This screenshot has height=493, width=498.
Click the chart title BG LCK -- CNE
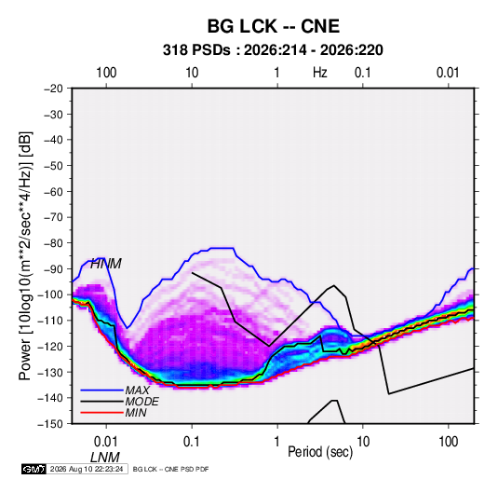pos(274,26)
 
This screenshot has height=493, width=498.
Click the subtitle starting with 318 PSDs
pos(273,50)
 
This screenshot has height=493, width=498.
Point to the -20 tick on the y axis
pos(53,89)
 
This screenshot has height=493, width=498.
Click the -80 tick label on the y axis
pos(53,243)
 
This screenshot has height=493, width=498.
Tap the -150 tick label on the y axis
pos(51,424)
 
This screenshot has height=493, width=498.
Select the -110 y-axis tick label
pos(51,321)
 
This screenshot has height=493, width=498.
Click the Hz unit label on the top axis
pos(320,73)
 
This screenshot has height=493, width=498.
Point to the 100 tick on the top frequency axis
pos(106,73)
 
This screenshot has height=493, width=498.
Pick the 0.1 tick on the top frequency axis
pos(363,73)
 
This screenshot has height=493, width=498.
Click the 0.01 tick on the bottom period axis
pos(106,442)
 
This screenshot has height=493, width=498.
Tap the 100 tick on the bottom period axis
pos(448,442)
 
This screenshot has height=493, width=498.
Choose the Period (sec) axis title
pos(320,452)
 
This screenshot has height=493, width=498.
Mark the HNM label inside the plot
pos(106,264)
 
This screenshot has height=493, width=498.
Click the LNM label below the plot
pos(105,458)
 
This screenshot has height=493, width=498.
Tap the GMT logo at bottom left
pos(34,469)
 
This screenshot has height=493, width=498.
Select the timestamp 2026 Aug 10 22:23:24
pos(87,469)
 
